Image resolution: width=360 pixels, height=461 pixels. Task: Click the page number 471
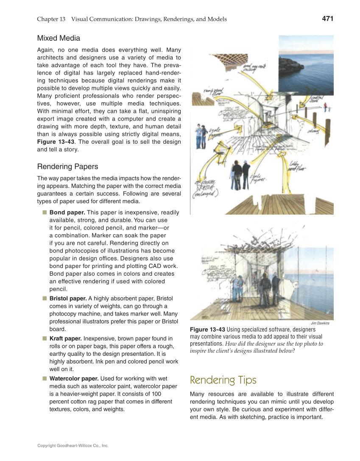[327, 19]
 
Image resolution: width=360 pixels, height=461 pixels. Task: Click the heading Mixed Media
[59, 39]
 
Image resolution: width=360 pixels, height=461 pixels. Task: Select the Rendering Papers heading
[67, 166]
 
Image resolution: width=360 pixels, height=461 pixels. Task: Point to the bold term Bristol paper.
[68, 299]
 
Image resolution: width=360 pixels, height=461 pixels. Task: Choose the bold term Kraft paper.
[65, 339]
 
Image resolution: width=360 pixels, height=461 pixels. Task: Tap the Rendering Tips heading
[223, 380]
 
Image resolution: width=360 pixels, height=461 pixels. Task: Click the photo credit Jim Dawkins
[320, 323]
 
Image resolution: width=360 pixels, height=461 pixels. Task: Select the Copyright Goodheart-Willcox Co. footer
[73, 446]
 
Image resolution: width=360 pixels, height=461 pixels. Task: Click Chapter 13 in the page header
[51, 19]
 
